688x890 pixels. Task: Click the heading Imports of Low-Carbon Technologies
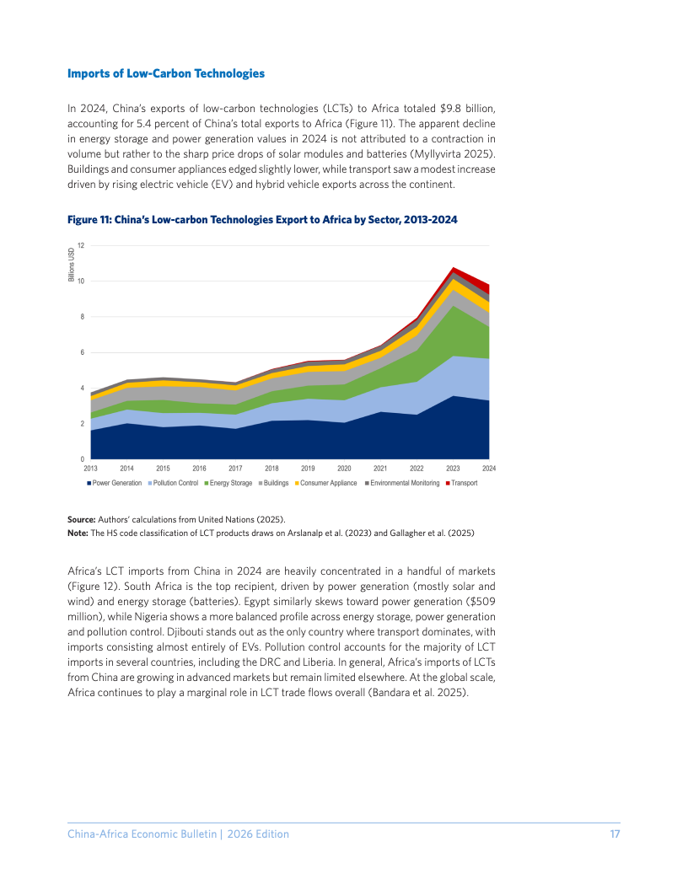click(x=166, y=74)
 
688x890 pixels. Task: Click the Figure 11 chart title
click(x=262, y=220)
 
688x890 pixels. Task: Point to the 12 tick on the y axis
click(x=81, y=246)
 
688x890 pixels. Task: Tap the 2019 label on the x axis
click(x=308, y=469)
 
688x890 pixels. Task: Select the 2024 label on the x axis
click(x=489, y=469)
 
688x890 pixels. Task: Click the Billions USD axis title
click(x=72, y=265)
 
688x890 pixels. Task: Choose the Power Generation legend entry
click(x=114, y=483)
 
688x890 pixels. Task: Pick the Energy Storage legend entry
click(x=228, y=483)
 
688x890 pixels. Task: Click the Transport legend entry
click(x=461, y=483)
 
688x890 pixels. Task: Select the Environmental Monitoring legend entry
click(x=402, y=483)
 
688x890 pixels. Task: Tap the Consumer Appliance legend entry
click(x=325, y=483)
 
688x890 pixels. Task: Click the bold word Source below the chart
click(x=81, y=519)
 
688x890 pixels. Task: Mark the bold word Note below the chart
click(x=78, y=533)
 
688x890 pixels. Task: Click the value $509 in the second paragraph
click(x=482, y=602)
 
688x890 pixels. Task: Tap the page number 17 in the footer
click(x=615, y=834)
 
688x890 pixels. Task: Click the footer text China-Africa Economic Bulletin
click(x=142, y=834)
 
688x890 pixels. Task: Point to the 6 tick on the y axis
click(x=83, y=352)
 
